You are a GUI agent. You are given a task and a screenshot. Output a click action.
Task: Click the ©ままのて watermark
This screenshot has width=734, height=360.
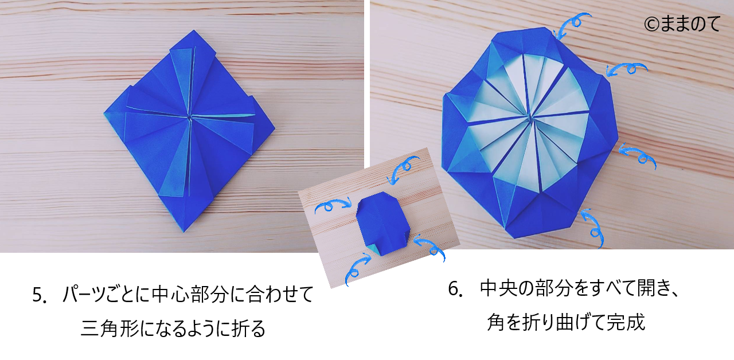tap(682, 24)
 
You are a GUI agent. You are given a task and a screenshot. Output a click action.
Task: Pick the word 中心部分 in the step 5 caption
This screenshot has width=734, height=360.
tap(190, 294)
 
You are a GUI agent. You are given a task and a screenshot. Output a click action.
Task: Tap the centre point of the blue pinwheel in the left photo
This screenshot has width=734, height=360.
tap(189, 118)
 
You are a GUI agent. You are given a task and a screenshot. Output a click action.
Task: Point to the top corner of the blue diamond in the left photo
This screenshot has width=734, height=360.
tap(194, 30)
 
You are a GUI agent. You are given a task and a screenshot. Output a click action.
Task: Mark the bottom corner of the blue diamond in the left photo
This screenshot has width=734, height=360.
tap(184, 232)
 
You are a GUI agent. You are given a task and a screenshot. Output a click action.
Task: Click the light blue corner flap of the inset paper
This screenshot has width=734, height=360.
tap(374, 250)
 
